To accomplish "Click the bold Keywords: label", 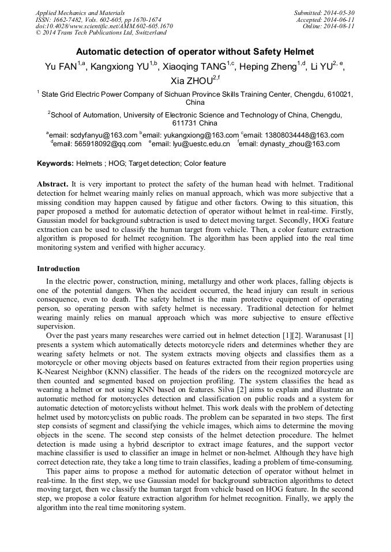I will [55, 163].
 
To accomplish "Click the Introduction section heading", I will [58, 268].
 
